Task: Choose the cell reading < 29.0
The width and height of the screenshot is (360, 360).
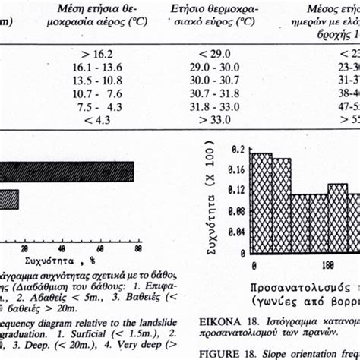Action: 213,55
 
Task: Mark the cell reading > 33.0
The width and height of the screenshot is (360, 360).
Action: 213,119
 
